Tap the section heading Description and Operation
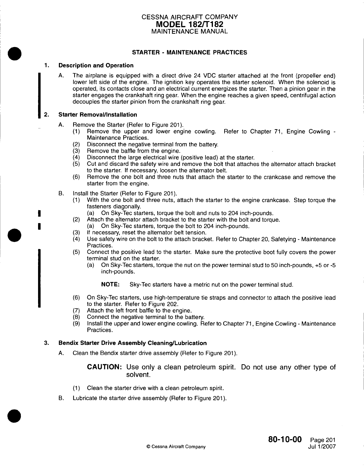tap(96, 65)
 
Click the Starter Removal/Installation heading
tap(98, 115)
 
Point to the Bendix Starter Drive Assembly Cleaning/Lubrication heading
tap(132, 343)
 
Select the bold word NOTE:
tap(110, 285)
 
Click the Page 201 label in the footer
tap(323, 440)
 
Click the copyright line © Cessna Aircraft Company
tap(176, 447)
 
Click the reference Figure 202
tap(163, 304)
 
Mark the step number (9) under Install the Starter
tap(76, 324)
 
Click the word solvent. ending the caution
tap(137, 375)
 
